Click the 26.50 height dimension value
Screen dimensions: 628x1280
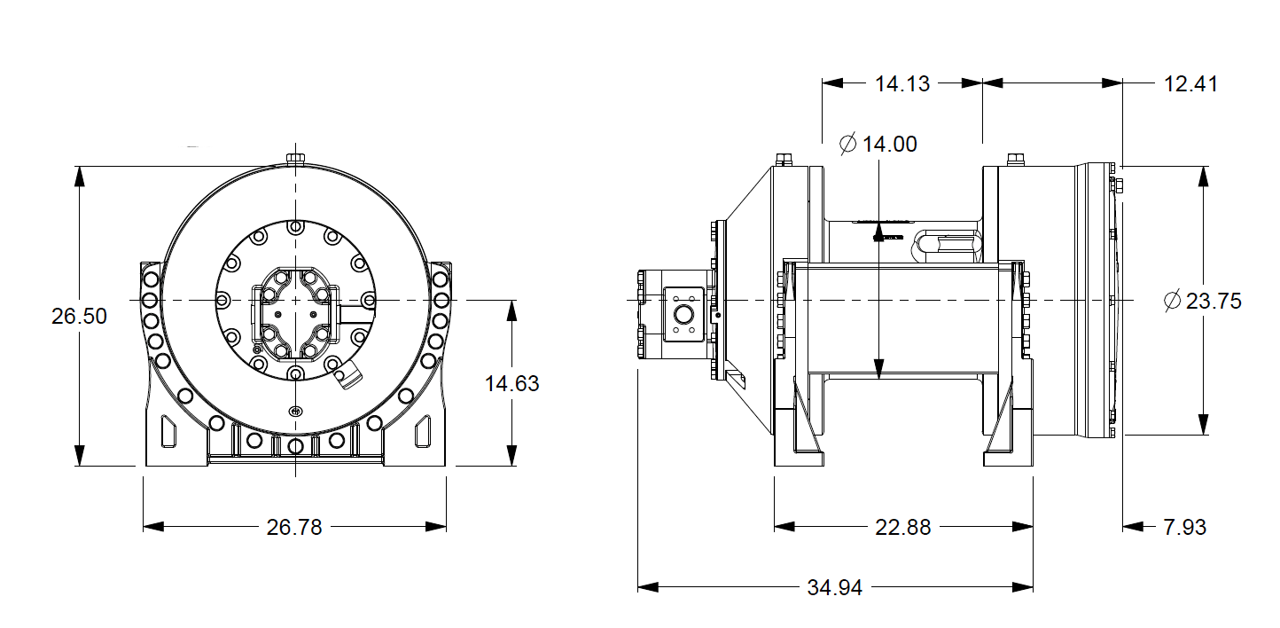[x=79, y=316]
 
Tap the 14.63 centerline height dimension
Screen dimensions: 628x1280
[x=511, y=383]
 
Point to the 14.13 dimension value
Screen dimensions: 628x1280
[x=902, y=83]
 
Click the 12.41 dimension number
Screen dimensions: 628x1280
[x=1190, y=83]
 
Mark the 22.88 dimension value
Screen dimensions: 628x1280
[x=903, y=527]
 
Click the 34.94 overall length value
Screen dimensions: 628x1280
[x=834, y=587]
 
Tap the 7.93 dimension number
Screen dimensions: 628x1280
[x=1184, y=527]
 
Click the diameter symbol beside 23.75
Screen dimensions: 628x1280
[x=1172, y=301]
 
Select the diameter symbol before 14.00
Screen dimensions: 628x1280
[x=847, y=144]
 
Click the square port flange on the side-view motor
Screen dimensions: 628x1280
[x=683, y=315]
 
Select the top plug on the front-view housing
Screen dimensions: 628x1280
[x=295, y=159]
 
